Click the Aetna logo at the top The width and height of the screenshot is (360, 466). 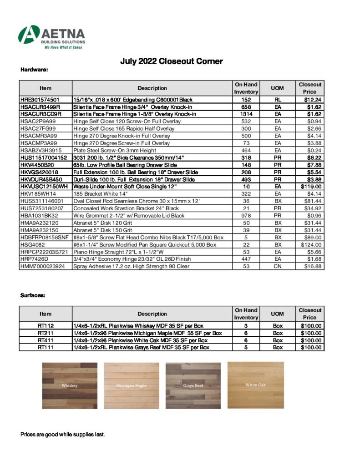pos(51,37)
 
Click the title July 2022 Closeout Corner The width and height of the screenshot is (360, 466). pos(171,61)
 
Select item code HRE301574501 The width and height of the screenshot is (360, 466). pos(40,99)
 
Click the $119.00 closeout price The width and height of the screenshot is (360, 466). pos(311,187)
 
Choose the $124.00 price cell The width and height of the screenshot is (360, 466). pos(311,244)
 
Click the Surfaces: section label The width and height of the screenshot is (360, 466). pos(33,295)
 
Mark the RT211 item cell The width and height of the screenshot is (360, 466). pos(46,333)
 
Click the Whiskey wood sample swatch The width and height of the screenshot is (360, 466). pos(70,385)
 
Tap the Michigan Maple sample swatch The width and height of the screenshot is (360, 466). pos(132,385)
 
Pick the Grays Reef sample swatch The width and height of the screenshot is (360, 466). pos(193,385)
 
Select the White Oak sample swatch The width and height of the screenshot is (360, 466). pos(255,385)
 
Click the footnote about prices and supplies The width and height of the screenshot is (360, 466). pos(63,435)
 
